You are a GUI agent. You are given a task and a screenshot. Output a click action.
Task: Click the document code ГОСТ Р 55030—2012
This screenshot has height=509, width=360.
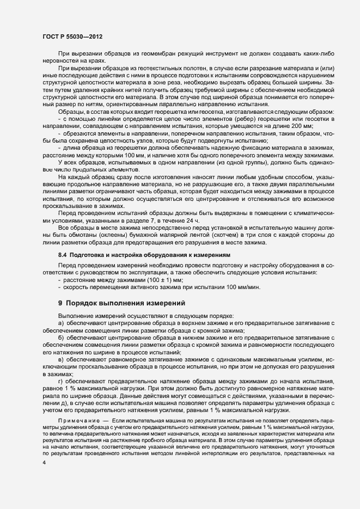coord(73,35)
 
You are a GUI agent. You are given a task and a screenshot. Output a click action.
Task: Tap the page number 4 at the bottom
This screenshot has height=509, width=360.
coord(44,462)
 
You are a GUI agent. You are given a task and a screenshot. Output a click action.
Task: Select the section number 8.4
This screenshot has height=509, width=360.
coord(63,255)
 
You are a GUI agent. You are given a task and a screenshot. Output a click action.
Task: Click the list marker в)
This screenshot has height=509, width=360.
coord(61,360)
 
